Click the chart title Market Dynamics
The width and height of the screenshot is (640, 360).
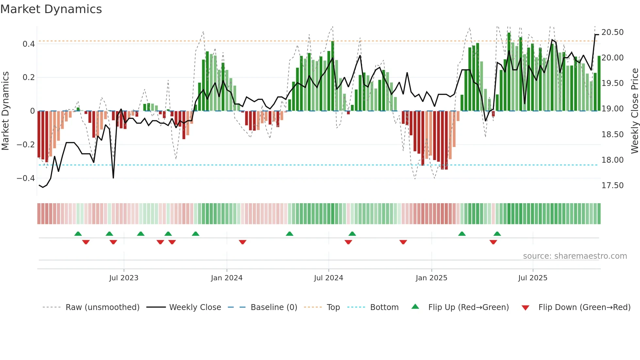pos(51,9)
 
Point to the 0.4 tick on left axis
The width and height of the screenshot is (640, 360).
pos(29,44)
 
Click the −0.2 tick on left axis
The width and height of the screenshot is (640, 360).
pos(26,145)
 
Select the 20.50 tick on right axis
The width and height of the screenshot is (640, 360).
pos(612,32)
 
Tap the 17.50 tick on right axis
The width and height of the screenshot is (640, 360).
pos(612,186)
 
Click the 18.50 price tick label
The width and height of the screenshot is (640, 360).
pos(612,135)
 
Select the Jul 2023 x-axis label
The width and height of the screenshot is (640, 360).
pos(124,278)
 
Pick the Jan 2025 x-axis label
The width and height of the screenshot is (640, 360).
pos(431,278)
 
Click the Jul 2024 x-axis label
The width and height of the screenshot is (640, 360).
pos(328,278)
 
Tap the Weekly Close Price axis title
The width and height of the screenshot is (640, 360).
pos(634,111)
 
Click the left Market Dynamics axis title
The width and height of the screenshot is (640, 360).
pos(5,111)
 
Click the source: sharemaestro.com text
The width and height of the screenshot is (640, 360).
pos(575,256)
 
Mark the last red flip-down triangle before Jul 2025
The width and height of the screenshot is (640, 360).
pos(493,242)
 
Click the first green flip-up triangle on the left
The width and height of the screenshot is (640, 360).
pos(78,234)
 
